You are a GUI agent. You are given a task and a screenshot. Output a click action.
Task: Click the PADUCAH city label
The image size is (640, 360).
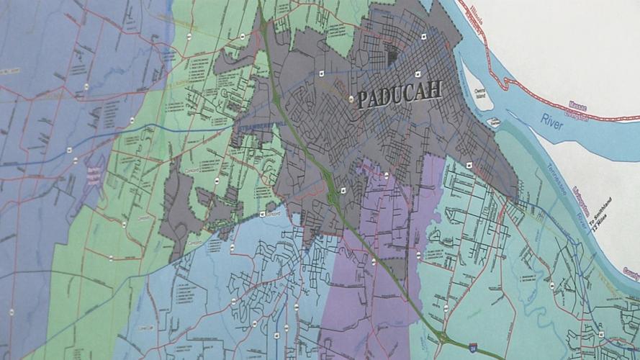click(x=400, y=95)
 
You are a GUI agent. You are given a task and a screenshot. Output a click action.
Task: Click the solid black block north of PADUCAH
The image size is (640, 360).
click(x=393, y=55)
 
